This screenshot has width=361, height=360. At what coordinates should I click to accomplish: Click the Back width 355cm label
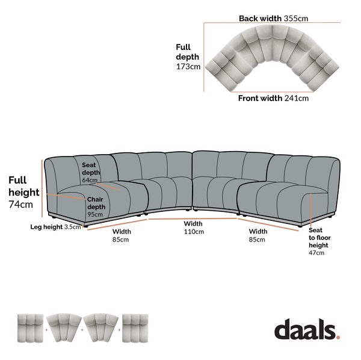pyautogui.click(x=273, y=19)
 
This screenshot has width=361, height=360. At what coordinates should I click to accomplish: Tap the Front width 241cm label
pyautogui.click(x=273, y=98)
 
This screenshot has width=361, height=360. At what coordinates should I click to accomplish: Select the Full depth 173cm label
pyautogui.click(x=188, y=57)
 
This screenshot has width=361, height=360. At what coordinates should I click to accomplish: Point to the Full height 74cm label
pyautogui.click(x=24, y=192)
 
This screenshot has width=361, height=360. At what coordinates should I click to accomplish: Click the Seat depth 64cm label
pyautogui.click(x=91, y=172)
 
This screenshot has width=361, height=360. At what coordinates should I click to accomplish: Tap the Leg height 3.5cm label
pyautogui.click(x=55, y=227)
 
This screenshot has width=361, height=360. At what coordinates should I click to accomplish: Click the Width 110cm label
pyautogui.click(x=194, y=228)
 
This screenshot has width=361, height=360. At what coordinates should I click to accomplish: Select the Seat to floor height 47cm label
pyautogui.click(x=319, y=241)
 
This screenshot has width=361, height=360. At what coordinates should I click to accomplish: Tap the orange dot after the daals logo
pyautogui.click(x=338, y=337)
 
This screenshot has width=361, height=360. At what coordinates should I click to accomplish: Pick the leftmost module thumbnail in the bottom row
pyautogui.click(x=31, y=328)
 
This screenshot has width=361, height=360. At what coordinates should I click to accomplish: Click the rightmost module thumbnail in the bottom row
pyautogui.click(x=135, y=328)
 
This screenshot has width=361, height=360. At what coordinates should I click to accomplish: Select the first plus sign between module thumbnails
pyautogui.click(x=46, y=330)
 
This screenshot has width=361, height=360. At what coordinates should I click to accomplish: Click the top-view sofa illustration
pyautogui.click(x=272, y=58)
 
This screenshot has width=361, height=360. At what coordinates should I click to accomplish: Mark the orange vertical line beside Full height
pyautogui.click(x=42, y=188)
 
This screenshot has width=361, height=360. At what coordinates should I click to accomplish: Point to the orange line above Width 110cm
pyautogui.click(x=193, y=219)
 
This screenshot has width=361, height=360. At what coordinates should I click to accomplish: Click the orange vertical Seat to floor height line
pyautogui.click(x=310, y=209)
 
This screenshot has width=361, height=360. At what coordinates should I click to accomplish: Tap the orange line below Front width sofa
pyautogui.click(x=272, y=92)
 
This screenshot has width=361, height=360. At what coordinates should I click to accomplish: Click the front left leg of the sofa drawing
pyautogui.click(x=85, y=226)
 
